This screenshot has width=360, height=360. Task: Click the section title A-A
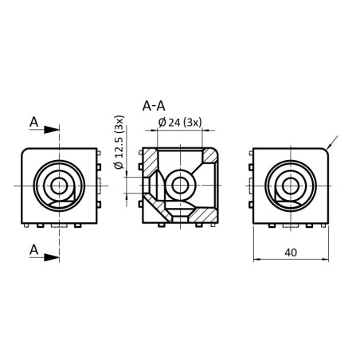155,105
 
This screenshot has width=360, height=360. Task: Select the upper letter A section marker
33,121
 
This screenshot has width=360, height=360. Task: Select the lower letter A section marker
33,249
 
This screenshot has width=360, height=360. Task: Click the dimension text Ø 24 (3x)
180,122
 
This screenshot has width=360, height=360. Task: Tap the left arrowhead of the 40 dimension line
257,260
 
